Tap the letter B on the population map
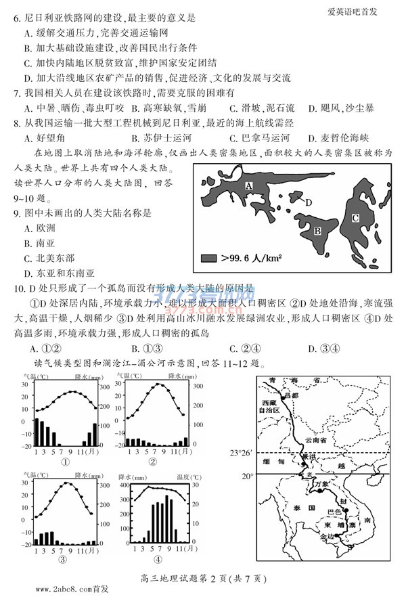tap(315, 231)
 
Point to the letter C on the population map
tap(355, 218)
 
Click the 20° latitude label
tap(247, 476)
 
